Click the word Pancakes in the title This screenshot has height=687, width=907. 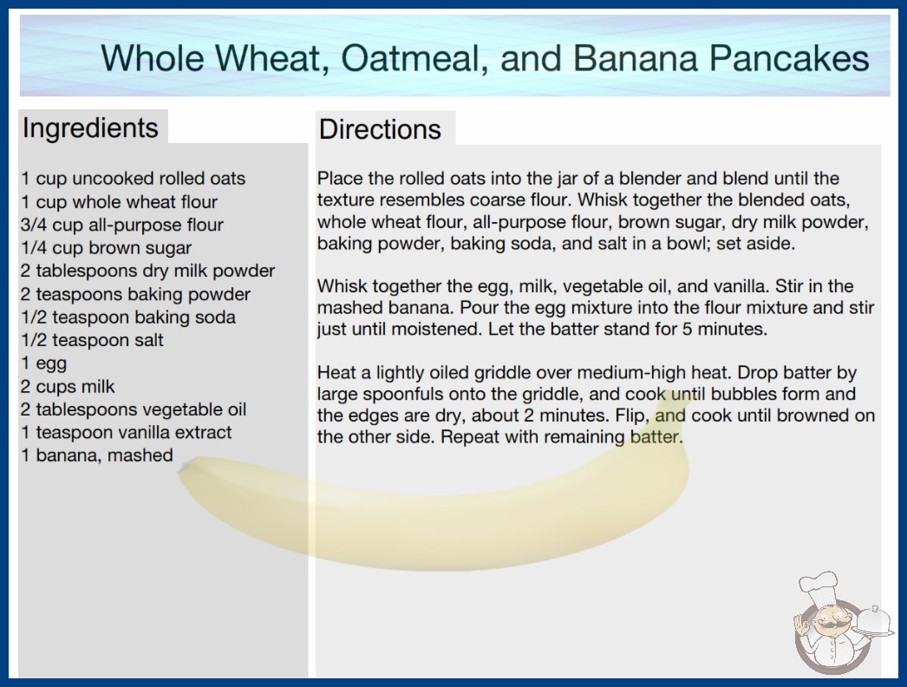click(x=789, y=58)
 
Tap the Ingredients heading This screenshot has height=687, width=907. click(x=90, y=128)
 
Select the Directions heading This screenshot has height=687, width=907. click(x=380, y=129)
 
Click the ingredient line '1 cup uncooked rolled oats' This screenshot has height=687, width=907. click(x=133, y=179)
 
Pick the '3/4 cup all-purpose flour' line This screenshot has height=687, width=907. click(x=121, y=225)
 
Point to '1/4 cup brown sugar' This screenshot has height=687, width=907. click(x=106, y=248)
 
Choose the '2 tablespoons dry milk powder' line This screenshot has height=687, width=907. click(x=147, y=271)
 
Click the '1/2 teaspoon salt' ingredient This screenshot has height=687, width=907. click(x=92, y=340)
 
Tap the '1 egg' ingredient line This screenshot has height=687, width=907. click(x=44, y=363)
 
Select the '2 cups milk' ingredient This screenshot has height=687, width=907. click(x=68, y=386)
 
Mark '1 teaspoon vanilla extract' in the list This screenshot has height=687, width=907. click(x=126, y=432)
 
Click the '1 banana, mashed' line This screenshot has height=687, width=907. click(x=96, y=455)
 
